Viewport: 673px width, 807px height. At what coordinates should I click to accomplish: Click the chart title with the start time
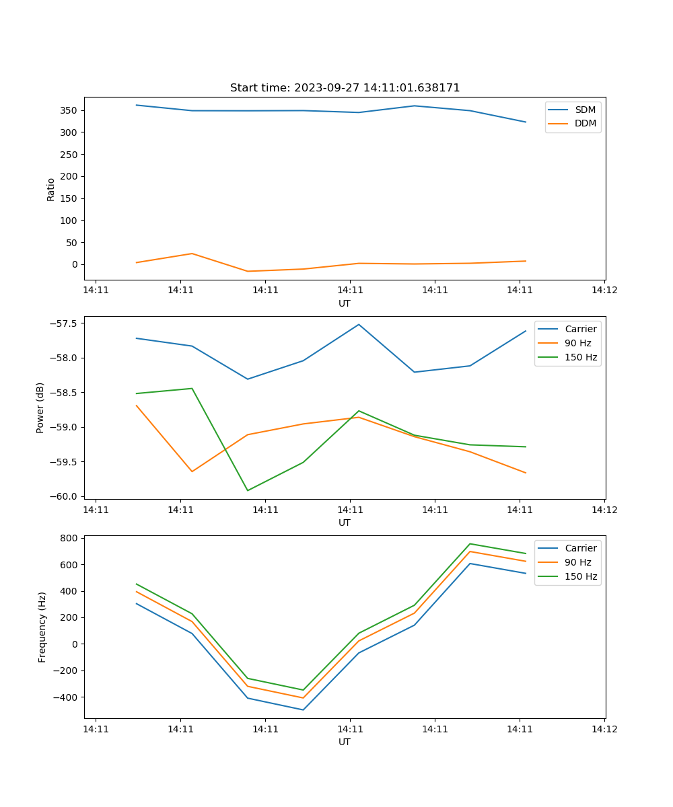pos(345,88)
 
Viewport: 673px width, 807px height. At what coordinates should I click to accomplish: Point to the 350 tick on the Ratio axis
pos(69,110)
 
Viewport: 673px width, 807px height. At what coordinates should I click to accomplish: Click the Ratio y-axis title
pos(51,189)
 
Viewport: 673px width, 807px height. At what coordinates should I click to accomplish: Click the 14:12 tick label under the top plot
pos(604,290)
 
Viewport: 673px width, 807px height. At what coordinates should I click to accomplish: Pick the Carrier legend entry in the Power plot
pos(580,329)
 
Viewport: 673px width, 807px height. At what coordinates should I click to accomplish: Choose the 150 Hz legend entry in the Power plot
pos(580,357)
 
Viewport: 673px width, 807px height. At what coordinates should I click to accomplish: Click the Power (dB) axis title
pos(40,408)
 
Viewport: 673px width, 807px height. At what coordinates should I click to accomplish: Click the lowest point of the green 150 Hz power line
pos(248,490)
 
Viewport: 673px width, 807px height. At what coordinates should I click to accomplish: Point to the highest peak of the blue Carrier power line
pos(359,324)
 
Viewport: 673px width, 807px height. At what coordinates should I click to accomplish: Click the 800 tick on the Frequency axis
pos(69,538)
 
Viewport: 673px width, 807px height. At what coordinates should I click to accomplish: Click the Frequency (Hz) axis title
pos(42,627)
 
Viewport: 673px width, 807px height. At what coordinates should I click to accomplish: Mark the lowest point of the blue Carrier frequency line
pos(303,709)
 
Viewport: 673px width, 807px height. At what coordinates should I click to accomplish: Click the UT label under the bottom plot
pos(345,742)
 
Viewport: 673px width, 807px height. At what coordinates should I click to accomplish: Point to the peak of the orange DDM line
pos(192,254)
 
